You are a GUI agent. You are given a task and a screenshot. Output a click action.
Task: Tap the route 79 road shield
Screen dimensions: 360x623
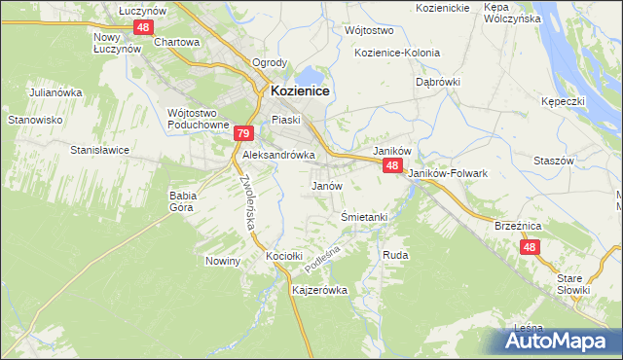tap(244, 134)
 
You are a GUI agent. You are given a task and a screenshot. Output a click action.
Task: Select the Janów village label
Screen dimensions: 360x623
tap(326, 185)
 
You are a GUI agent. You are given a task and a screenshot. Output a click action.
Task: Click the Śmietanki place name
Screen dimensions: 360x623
tap(365, 216)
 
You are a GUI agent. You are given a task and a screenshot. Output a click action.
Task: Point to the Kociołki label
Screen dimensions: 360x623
tap(285, 256)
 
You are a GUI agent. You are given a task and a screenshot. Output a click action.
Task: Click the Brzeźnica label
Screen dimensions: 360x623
tap(517, 225)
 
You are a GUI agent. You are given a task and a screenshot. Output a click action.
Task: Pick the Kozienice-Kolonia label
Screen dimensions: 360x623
tap(397, 53)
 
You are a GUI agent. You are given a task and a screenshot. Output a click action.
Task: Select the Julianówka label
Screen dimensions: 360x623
tap(54, 92)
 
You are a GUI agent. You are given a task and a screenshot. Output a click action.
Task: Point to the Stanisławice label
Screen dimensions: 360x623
tap(100, 150)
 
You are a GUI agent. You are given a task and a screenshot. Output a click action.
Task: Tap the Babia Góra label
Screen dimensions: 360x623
tap(183, 200)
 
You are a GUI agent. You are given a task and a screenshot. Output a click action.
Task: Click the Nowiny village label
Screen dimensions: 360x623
tap(222, 261)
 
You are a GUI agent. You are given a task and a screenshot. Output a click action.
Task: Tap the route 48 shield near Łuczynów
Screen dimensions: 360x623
tap(143, 27)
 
